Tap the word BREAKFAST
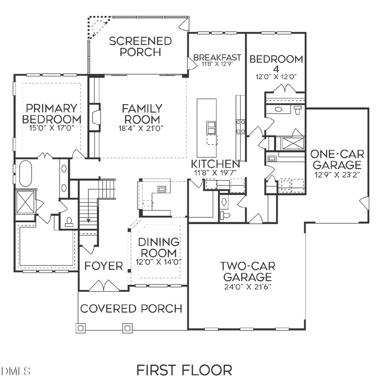pyautogui.click(x=217, y=58)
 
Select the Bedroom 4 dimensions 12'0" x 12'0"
pyautogui.click(x=276, y=77)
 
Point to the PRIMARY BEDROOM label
pyautogui.click(x=51, y=114)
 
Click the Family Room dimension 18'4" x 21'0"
pyautogui.click(x=141, y=128)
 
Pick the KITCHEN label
pyautogui.click(x=215, y=164)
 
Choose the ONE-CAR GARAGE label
pyautogui.click(x=337, y=159)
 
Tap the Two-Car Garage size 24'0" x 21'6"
pyautogui.click(x=247, y=286)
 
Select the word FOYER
pyautogui.click(x=103, y=266)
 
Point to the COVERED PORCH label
pyautogui.click(x=131, y=309)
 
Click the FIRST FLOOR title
pyautogui.click(x=184, y=370)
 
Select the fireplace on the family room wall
pyautogui.click(x=96, y=117)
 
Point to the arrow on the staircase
pyautogui.click(x=89, y=220)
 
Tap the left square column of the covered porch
pyautogui.click(x=81, y=328)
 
